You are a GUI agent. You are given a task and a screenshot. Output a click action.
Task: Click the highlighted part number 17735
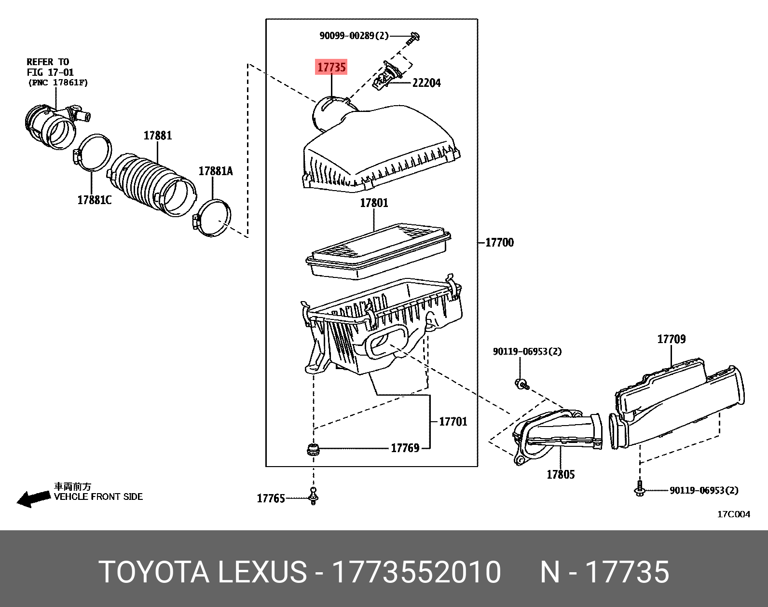click(x=331, y=67)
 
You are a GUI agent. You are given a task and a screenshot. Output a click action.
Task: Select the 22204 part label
click(x=426, y=83)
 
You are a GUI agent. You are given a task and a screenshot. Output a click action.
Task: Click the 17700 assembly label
click(x=499, y=243)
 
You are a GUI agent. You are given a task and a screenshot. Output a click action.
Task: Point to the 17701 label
click(x=453, y=422)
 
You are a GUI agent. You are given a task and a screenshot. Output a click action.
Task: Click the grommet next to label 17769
click(x=314, y=450)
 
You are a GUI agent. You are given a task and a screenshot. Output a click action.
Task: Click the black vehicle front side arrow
click(x=34, y=498)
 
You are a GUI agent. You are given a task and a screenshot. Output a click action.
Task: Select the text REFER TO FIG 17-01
click(x=50, y=67)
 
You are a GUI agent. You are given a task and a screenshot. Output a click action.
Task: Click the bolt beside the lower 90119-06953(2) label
click(x=640, y=489)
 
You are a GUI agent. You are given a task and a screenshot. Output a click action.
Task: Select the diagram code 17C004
click(x=733, y=514)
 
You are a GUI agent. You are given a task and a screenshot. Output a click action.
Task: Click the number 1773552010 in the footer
click(x=417, y=572)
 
